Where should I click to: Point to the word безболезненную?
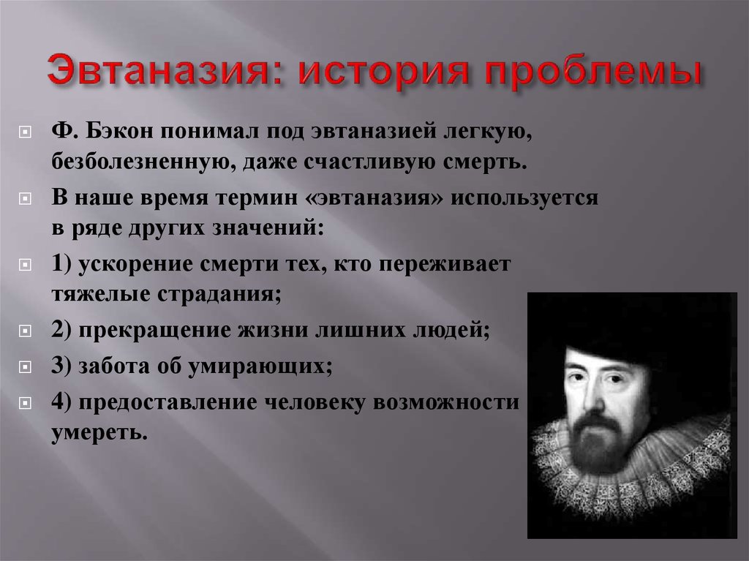[143, 162]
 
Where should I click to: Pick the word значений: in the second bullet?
[268, 227]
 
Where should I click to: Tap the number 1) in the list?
[61, 264]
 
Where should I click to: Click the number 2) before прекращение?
[61, 330]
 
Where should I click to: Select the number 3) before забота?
[61, 366]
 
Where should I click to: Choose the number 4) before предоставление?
[61, 402]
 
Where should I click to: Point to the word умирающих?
[260, 366]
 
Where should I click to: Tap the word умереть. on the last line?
[99, 433]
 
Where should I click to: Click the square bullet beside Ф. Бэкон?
[25, 132]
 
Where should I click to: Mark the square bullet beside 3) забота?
[25, 366]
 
